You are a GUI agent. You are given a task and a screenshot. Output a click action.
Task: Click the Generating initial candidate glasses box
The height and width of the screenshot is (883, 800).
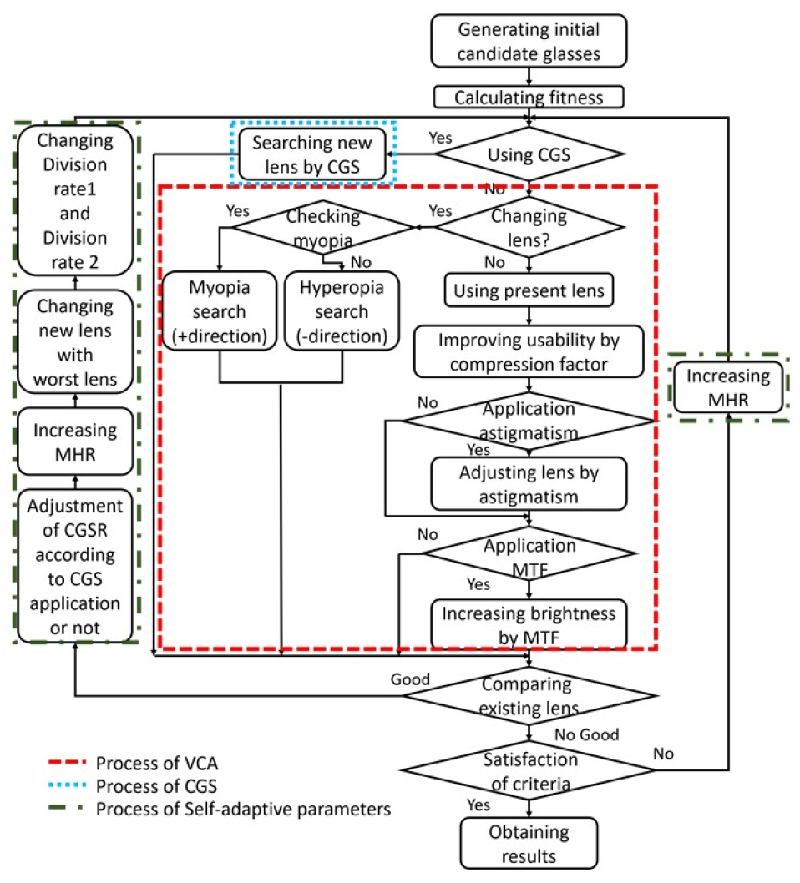(529, 41)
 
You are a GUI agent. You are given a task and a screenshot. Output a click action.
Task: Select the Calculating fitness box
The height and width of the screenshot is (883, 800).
(529, 98)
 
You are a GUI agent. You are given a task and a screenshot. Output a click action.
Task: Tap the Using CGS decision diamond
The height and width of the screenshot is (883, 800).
(529, 153)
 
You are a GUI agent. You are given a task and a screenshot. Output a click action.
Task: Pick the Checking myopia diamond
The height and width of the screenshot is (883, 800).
(322, 226)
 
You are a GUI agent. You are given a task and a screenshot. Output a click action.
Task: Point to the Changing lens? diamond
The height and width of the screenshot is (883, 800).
(529, 226)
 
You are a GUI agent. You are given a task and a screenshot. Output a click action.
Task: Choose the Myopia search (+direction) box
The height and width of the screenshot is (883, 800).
(219, 311)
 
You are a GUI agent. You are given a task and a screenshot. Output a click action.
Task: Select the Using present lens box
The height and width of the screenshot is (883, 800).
(529, 292)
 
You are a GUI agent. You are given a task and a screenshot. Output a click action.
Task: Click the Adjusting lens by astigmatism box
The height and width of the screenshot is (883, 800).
(529, 483)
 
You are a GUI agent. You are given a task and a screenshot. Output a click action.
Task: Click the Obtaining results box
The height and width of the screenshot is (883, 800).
(529, 843)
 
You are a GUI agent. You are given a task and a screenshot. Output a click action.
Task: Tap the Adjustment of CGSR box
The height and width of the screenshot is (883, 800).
(75, 565)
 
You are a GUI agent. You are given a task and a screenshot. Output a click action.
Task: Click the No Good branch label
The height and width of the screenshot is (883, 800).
(587, 734)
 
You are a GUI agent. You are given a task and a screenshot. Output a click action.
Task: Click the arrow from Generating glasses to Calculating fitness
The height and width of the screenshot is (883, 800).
(529, 76)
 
